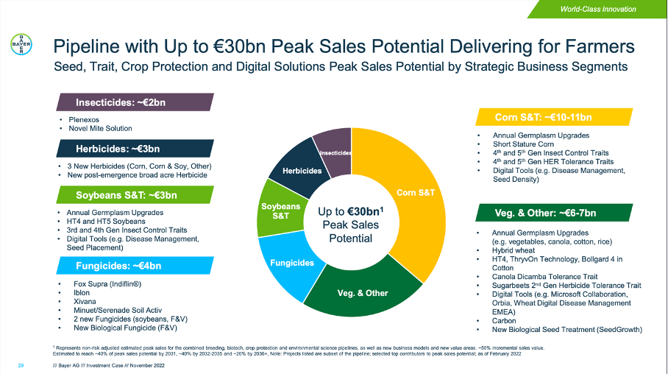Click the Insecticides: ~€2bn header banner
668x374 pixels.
tap(122, 102)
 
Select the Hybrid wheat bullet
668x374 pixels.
tap(513, 250)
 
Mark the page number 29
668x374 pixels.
tap(21, 364)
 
